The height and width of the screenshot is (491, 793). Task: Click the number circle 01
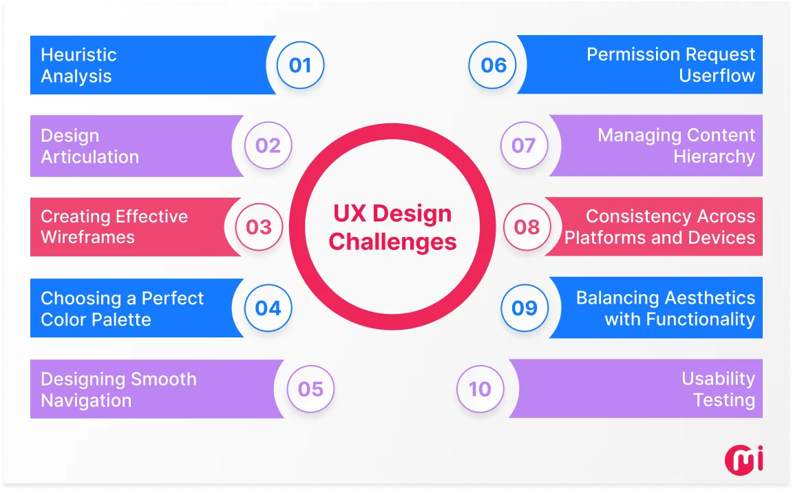coord(300,65)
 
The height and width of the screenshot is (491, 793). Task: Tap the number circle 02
coord(268,146)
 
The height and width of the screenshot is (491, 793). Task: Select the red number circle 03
coord(259,227)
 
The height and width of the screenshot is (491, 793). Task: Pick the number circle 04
coord(268,308)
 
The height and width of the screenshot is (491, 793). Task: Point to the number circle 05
coord(310,389)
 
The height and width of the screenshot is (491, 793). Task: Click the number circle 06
coord(494,65)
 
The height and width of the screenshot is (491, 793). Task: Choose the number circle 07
coord(523,146)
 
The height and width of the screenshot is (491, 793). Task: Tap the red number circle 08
coord(527,227)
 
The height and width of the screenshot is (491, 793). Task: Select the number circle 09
coord(525,308)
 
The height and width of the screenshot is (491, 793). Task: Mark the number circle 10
coord(480,389)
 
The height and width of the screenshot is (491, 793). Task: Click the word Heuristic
coord(78,55)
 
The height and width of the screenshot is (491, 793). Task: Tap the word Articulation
coord(89,157)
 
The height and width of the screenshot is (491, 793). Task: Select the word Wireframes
coord(87,238)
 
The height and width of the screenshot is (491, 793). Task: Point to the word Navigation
coord(86,401)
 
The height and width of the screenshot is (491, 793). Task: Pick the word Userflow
coord(717,76)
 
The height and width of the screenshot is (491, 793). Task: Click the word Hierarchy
coord(714,157)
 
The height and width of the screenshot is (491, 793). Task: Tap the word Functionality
coord(679,320)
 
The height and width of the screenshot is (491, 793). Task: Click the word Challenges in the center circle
coord(392,242)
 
